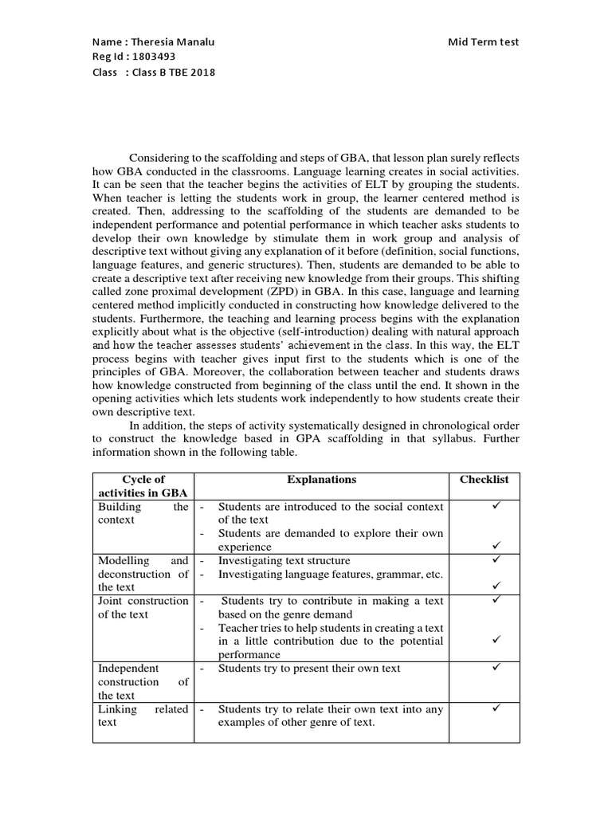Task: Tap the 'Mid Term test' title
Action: click(484, 42)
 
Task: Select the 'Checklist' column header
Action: click(484, 480)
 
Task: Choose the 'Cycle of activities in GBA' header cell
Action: click(143, 486)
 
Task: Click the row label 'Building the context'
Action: click(143, 513)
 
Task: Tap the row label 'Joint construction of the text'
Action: click(143, 607)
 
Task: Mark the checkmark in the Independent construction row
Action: click(495, 668)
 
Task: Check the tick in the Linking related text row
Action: click(495, 708)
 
